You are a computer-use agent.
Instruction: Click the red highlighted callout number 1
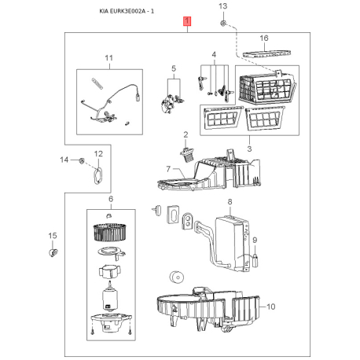coord(187,21)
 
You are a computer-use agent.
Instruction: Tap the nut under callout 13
coord(223,24)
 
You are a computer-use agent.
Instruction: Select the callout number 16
coord(264,39)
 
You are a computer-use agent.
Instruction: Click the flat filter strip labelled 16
coord(266,54)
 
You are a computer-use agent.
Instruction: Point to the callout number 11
coord(108,58)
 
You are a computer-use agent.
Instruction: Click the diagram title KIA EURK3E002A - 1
coord(127,11)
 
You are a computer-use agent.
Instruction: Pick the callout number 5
coord(174,68)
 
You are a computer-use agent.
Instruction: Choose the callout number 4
coord(214,55)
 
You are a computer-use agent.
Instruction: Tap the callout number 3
coord(249,149)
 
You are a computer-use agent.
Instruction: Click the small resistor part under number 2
coord(187,155)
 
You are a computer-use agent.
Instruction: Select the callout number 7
coord(168,169)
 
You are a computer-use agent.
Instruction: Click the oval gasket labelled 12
coord(98,175)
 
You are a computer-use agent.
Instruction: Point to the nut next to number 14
coord(82,160)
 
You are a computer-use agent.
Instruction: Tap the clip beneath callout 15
coord(53,252)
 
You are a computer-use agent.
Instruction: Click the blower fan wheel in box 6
coord(110,232)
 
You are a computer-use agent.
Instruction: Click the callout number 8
coord(230,202)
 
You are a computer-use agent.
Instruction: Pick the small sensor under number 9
coord(255,261)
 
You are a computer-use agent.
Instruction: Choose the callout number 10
coord(271,307)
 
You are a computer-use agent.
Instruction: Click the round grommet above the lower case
coord(176,277)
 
